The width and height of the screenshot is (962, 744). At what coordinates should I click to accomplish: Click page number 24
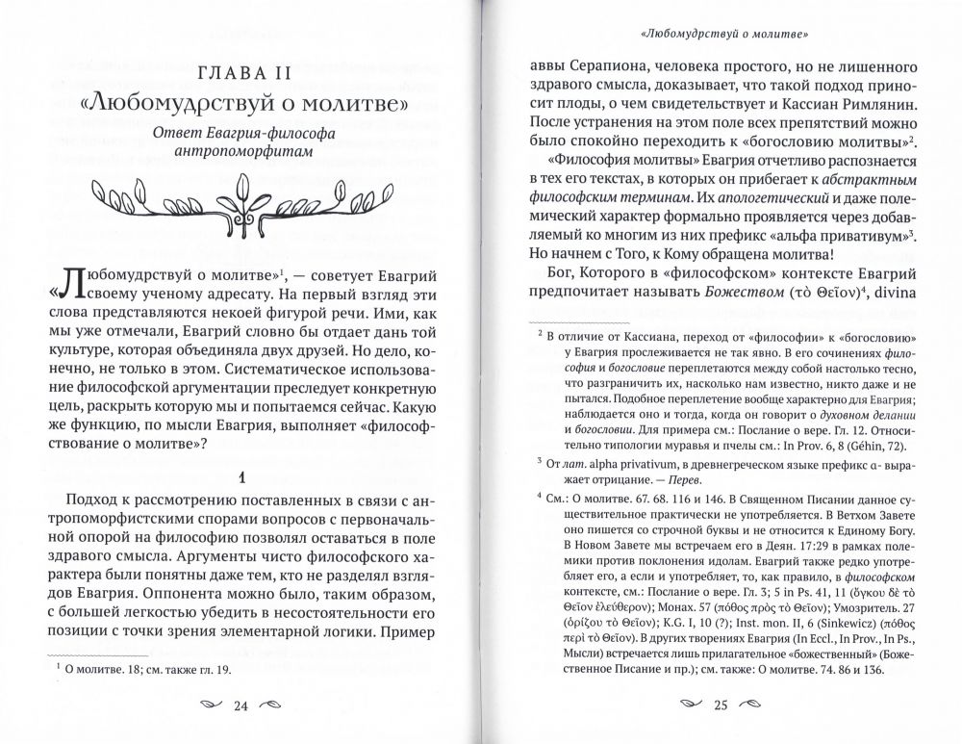tap(241, 708)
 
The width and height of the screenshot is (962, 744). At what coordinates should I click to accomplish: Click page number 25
tap(721, 708)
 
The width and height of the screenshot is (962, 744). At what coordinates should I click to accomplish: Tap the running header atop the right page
tap(723, 35)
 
